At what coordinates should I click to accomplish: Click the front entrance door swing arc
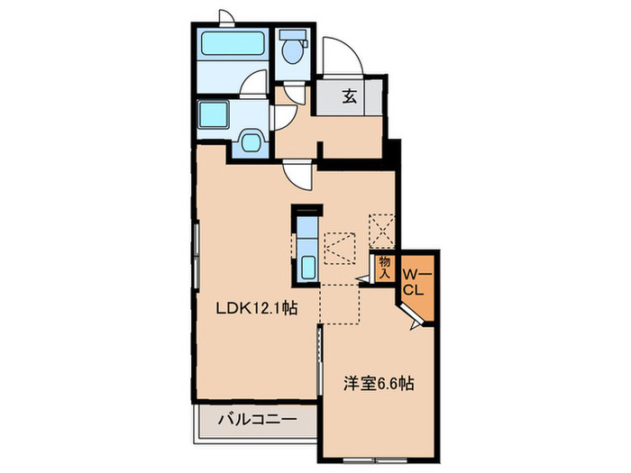point(343,56)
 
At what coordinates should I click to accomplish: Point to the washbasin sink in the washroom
point(251,141)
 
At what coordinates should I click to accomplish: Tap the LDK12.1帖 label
point(256,307)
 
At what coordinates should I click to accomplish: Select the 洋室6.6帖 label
point(376,383)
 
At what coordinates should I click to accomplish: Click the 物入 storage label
point(384,267)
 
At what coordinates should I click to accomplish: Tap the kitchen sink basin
point(306,267)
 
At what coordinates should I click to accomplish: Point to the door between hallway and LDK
point(297,173)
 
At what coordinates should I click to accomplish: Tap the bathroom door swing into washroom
point(257,88)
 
